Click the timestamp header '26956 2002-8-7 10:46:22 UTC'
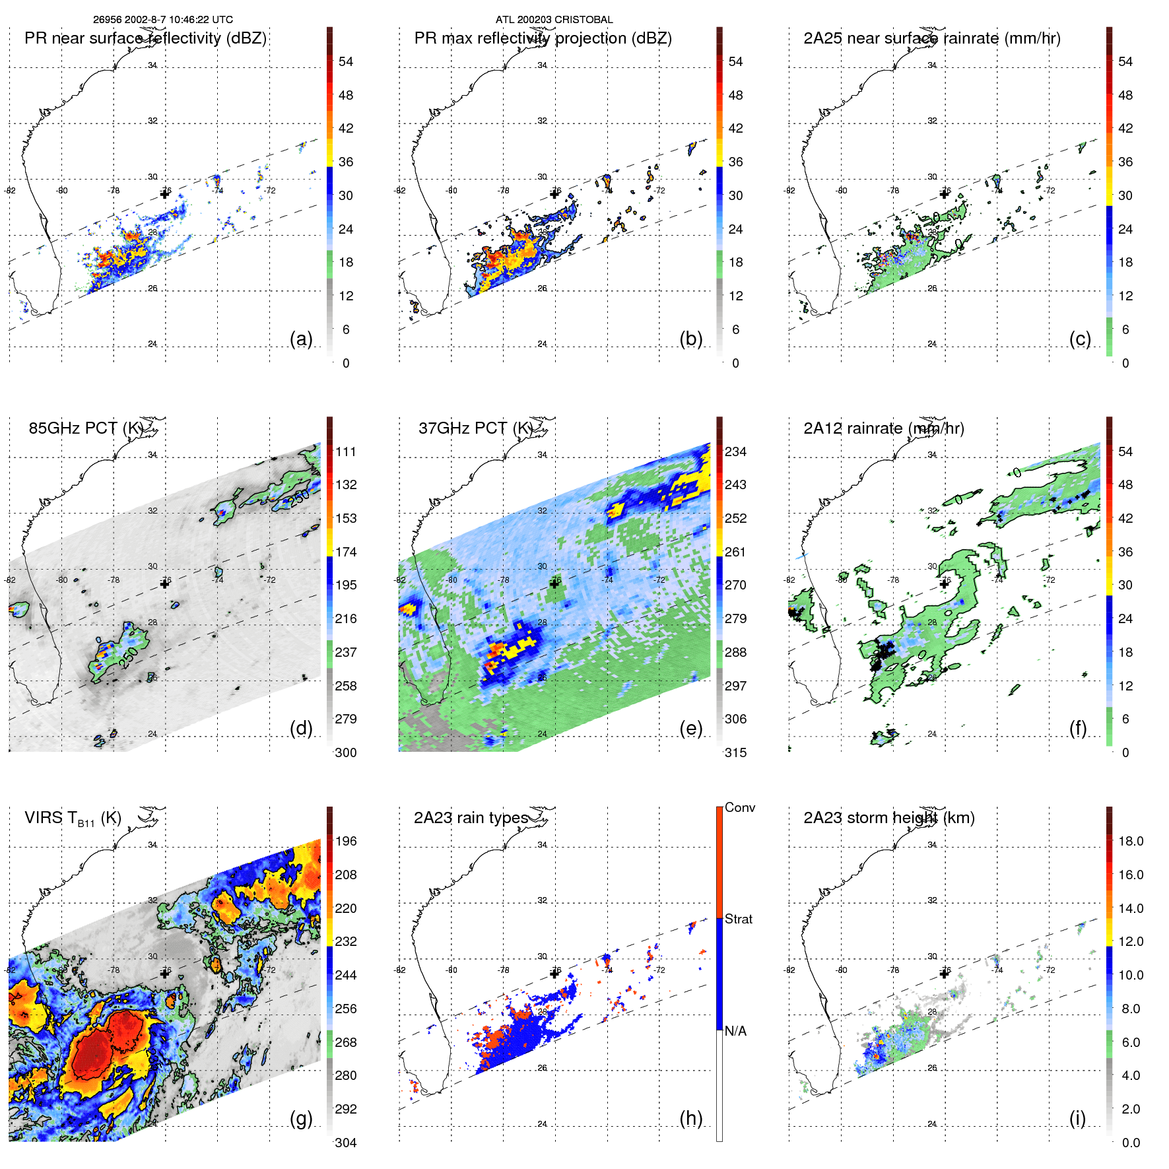pos(162,20)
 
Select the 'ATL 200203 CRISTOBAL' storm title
pos(554,20)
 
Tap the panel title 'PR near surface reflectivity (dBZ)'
pos(145,38)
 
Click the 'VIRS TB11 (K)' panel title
pos(73,818)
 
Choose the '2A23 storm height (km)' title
pos(888,818)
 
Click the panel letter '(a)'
pos(301,339)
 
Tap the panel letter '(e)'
pos(690,729)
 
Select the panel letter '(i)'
pos(1077,1118)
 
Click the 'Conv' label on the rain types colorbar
pos(739,807)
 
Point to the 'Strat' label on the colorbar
pos(738,919)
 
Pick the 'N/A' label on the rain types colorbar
pos(735,1031)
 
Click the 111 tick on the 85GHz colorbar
pos(345,451)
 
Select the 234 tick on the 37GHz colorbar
pos(735,451)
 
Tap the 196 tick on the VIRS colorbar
pos(345,841)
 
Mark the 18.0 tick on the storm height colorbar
pos(1130,841)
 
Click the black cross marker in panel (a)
pos(165,194)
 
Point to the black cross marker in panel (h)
pos(554,974)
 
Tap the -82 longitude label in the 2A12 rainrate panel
pos(789,580)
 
